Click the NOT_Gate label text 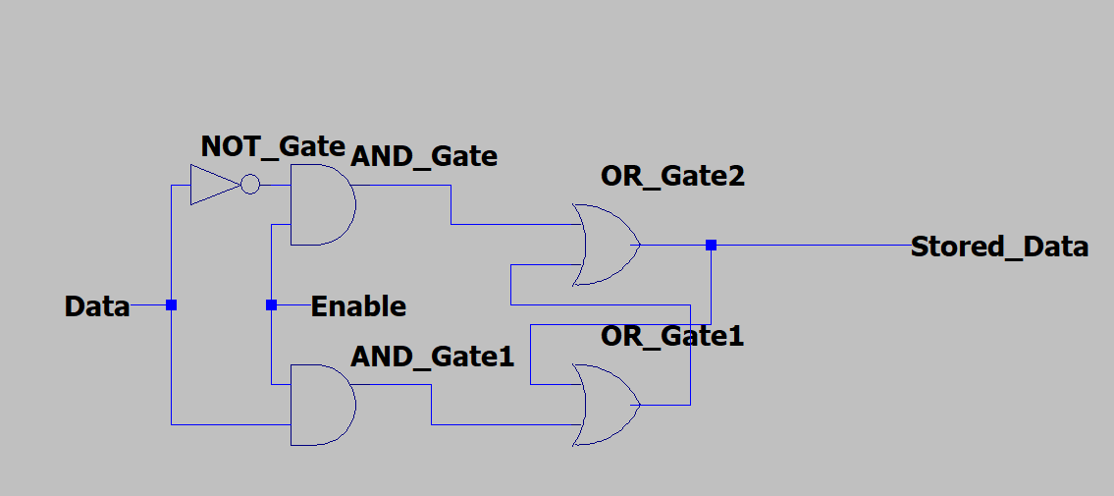[x=273, y=146]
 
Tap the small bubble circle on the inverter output [x=250, y=185]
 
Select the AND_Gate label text [x=424, y=156]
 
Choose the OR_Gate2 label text [x=672, y=178]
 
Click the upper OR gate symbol [x=606, y=245]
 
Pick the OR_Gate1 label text [x=672, y=337]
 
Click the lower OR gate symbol [x=606, y=405]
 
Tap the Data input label [x=97, y=306]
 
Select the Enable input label [x=358, y=306]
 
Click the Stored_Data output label [x=999, y=247]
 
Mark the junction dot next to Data [x=171, y=305]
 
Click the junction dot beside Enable [x=272, y=305]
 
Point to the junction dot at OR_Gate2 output [x=712, y=245]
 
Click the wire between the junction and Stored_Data [x=815, y=245]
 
